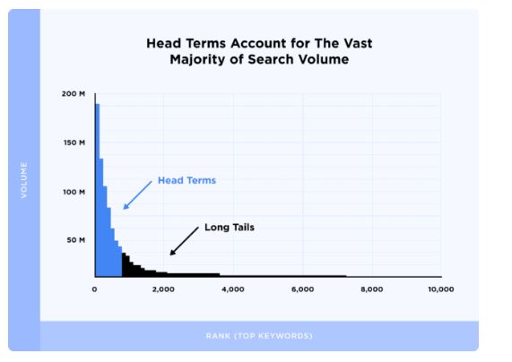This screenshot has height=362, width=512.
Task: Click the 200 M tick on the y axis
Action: point(74,94)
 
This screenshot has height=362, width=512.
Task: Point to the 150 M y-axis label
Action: point(74,142)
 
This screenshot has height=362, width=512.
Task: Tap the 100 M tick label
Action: point(74,192)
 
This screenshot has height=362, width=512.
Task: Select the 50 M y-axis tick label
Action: point(75,240)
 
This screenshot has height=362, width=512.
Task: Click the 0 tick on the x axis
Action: point(94,289)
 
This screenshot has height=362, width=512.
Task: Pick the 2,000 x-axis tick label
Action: point(163,289)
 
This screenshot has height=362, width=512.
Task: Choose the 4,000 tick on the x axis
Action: point(233,289)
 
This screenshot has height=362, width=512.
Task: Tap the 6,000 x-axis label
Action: point(303,289)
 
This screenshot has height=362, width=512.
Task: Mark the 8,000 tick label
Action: point(372,289)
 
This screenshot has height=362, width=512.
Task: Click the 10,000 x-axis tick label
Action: point(441,289)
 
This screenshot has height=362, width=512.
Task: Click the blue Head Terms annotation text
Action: point(187,180)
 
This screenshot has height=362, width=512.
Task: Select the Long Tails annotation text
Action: point(230,228)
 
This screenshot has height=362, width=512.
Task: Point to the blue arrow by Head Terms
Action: point(137,195)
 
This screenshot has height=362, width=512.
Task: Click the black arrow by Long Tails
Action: point(184,241)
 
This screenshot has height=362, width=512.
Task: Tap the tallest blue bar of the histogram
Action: point(98,190)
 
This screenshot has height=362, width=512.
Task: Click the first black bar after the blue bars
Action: point(124,264)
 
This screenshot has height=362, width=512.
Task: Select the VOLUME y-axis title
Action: point(24,180)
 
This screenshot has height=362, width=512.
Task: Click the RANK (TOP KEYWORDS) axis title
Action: point(259,336)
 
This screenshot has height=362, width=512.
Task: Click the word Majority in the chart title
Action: point(198,60)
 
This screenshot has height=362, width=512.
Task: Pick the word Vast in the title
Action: point(358,43)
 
